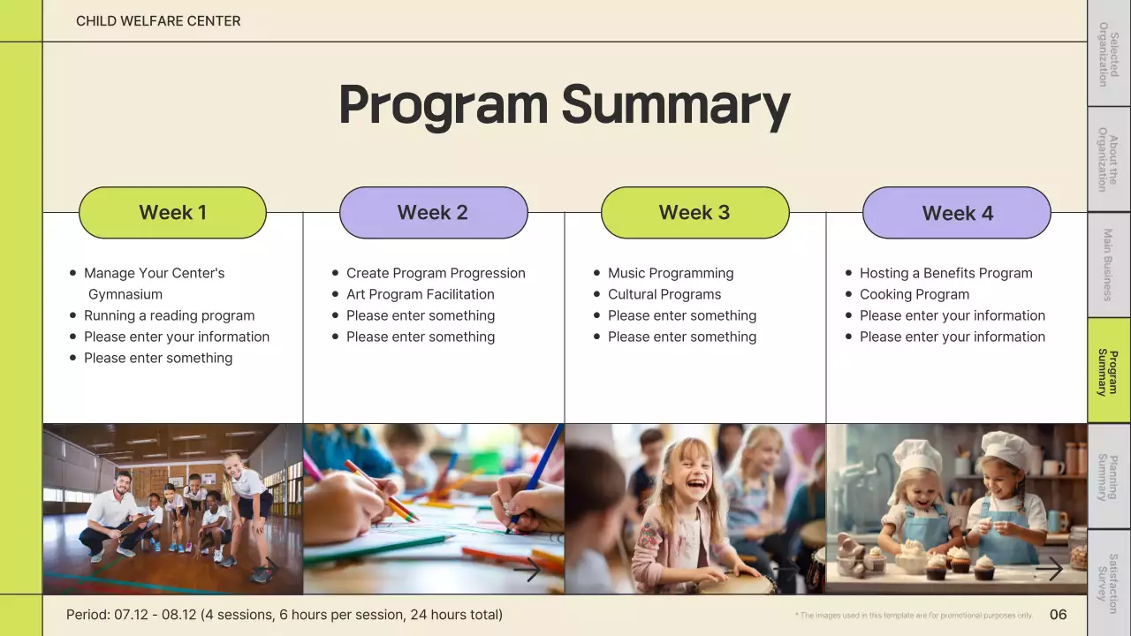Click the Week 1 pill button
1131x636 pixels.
click(172, 213)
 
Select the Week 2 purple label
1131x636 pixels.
click(434, 213)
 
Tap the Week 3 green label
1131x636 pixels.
click(695, 213)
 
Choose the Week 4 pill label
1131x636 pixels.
click(957, 213)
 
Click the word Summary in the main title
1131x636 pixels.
click(676, 105)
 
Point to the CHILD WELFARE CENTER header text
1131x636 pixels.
click(158, 21)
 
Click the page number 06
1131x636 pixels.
click(1058, 614)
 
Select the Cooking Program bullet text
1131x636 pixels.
click(915, 294)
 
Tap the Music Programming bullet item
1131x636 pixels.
click(671, 273)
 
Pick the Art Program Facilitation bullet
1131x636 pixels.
click(420, 294)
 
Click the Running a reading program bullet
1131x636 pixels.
click(169, 315)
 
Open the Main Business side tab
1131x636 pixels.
click(1109, 264)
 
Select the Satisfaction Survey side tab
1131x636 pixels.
click(1109, 583)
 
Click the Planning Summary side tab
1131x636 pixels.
click(1109, 476)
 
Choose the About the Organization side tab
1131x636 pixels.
click(1109, 159)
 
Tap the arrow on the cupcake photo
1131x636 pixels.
click(1049, 569)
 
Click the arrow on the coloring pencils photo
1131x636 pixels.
click(528, 570)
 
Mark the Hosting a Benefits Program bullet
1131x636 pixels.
click(946, 273)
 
